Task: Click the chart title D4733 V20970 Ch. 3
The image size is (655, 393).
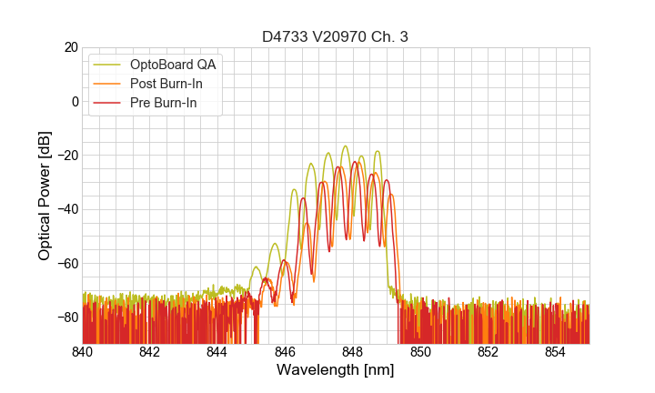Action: tap(335, 36)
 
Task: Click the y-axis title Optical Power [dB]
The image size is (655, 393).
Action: tap(45, 196)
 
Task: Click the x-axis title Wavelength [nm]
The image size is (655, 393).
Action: tap(335, 370)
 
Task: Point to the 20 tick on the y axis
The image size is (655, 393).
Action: tap(69, 47)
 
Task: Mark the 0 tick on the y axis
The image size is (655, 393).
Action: tap(74, 101)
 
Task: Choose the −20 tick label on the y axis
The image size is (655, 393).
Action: tap(65, 155)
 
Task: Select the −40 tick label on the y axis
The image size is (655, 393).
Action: tap(65, 209)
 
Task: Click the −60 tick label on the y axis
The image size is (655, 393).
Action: tap(65, 263)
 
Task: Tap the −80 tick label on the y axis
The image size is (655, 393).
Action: tap(65, 317)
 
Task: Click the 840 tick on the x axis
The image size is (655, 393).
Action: tap(83, 352)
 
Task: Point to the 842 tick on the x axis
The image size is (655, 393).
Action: tap(150, 352)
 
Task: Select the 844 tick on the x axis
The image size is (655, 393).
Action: tap(217, 352)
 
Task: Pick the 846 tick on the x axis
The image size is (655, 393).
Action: tap(285, 352)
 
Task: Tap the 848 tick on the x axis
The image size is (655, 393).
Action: tap(353, 352)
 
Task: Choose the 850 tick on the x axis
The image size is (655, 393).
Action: tap(420, 352)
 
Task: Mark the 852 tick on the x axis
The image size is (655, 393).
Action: tap(488, 352)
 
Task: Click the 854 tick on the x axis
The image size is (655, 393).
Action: tap(555, 352)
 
